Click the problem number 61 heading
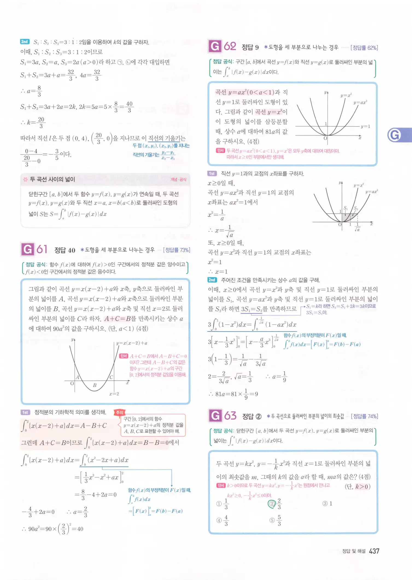point(42,249)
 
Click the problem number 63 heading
point(230,416)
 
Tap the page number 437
point(374,551)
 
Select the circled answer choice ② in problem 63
point(272,504)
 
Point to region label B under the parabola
point(95,385)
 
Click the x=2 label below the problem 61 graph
point(114,394)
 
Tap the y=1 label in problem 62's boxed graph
point(365,127)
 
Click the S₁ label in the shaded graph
point(346,208)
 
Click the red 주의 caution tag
point(119,412)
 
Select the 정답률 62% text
point(364,48)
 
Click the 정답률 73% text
point(177,250)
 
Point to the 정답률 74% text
point(364,416)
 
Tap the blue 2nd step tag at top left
point(25,42)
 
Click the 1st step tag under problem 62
point(212,174)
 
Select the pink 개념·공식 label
point(178,179)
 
